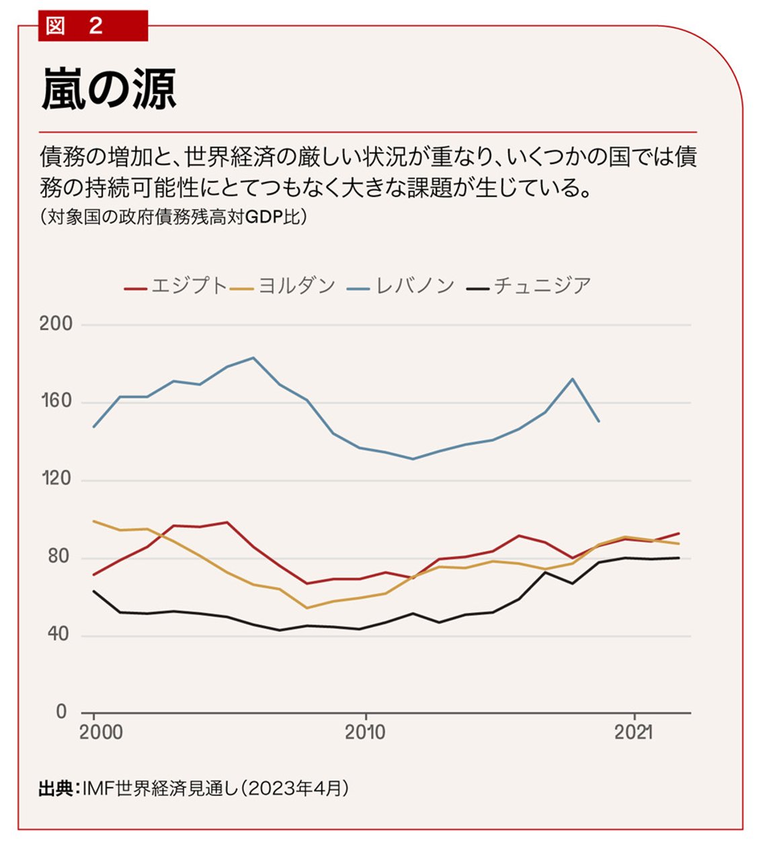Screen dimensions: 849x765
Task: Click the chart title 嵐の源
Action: (109, 89)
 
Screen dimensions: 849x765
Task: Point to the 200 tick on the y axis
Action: (56, 324)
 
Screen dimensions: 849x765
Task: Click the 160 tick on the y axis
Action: (56, 401)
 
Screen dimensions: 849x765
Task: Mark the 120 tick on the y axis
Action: (56, 479)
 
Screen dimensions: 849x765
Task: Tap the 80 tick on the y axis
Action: (58, 557)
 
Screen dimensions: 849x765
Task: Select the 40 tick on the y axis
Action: (58, 634)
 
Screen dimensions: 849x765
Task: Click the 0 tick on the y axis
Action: (62, 711)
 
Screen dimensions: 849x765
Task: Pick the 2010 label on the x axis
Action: (365, 732)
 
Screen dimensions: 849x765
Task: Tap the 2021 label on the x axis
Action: (633, 732)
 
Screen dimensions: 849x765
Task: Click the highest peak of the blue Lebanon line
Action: (253, 358)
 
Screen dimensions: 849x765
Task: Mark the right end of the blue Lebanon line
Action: (599, 421)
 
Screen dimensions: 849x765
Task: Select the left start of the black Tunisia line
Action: (93, 591)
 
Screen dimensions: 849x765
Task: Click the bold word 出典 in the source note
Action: (56, 788)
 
